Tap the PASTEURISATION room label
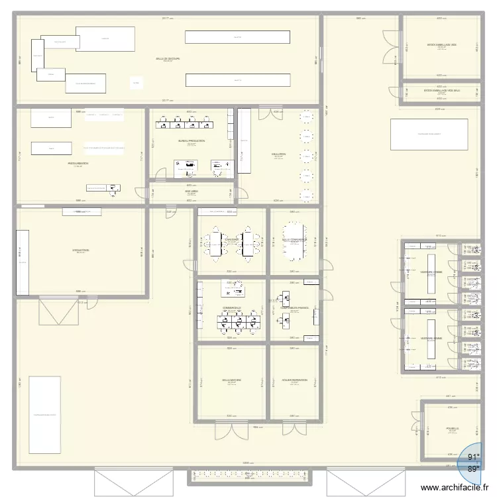point(78,163)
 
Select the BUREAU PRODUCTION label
point(191,141)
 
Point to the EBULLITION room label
point(278,154)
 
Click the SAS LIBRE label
point(191,192)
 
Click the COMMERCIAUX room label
point(232,307)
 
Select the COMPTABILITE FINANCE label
point(294,308)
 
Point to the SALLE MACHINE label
point(232,380)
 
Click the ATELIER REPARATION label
point(294,380)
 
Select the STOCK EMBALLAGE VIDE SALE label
point(441,90)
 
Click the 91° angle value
point(473,457)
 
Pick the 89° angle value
point(473,468)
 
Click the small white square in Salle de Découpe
point(136,83)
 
